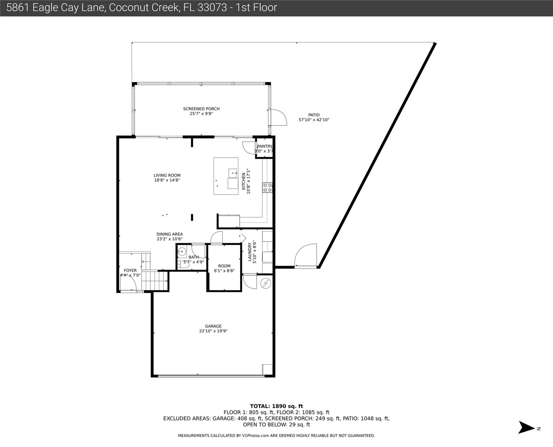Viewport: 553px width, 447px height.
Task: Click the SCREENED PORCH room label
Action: click(x=201, y=109)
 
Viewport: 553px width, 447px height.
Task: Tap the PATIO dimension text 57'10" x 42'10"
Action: click(x=314, y=120)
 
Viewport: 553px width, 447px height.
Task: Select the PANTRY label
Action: click(x=264, y=146)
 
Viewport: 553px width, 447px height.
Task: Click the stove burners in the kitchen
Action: click(x=267, y=187)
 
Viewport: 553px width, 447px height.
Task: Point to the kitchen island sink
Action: click(x=233, y=173)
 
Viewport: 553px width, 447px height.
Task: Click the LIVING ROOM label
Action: click(x=167, y=175)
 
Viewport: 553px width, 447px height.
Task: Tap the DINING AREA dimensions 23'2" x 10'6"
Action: click(x=169, y=239)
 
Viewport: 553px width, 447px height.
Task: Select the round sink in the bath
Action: click(x=182, y=251)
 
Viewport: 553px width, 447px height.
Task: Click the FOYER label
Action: click(x=130, y=270)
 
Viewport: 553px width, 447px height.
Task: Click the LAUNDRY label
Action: click(x=250, y=252)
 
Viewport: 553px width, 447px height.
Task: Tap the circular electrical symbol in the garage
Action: click(x=266, y=283)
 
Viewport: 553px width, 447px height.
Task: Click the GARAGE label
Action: click(x=213, y=326)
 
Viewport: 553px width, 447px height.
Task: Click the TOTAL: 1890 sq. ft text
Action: click(x=276, y=406)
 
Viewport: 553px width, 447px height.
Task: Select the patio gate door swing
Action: click(x=306, y=255)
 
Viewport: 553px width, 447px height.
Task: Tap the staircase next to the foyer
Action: click(x=155, y=281)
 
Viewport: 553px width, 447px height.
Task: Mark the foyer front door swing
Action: click(x=128, y=283)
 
